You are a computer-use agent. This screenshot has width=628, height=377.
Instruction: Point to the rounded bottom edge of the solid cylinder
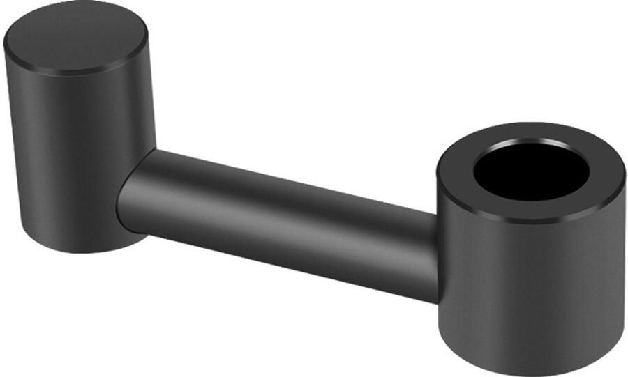pos(84,247)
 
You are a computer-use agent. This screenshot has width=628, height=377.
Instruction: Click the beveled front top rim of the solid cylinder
pos(77,72)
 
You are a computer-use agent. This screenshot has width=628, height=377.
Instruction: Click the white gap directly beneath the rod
pos(279,307)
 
